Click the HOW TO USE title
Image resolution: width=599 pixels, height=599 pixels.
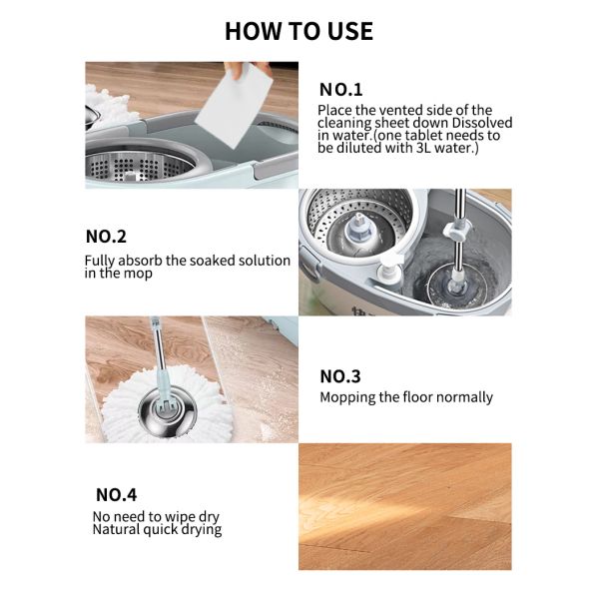coord(299,31)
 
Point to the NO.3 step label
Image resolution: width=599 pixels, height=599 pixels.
coord(339,376)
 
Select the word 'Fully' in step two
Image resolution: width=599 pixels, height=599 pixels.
coord(101,261)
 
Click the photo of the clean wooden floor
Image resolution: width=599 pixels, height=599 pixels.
coord(405,505)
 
